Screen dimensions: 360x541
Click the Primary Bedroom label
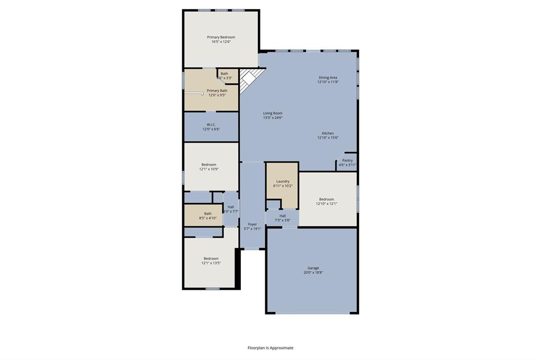pos(221,37)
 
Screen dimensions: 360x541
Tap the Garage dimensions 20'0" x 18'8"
pos(313,273)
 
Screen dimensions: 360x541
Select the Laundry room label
pos(283,181)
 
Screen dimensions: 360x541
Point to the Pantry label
pos(347,160)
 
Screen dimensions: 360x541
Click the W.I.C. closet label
pos(211,125)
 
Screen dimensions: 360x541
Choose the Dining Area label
pos(328,78)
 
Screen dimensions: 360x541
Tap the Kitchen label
pos(328,133)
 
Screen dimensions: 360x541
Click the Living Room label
pos(273,113)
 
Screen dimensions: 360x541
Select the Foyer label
pos(253,224)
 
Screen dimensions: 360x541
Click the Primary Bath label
pos(217,91)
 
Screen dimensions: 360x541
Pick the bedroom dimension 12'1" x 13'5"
pos(211,263)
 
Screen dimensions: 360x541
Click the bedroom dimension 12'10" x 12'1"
pos(327,204)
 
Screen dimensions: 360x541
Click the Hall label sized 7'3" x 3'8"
pos(283,216)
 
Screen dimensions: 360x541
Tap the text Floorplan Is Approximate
pos(270,348)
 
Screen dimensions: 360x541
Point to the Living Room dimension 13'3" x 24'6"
pos(273,118)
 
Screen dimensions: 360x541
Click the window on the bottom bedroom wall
pos(212,288)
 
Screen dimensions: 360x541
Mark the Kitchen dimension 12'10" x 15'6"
pos(328,138)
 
